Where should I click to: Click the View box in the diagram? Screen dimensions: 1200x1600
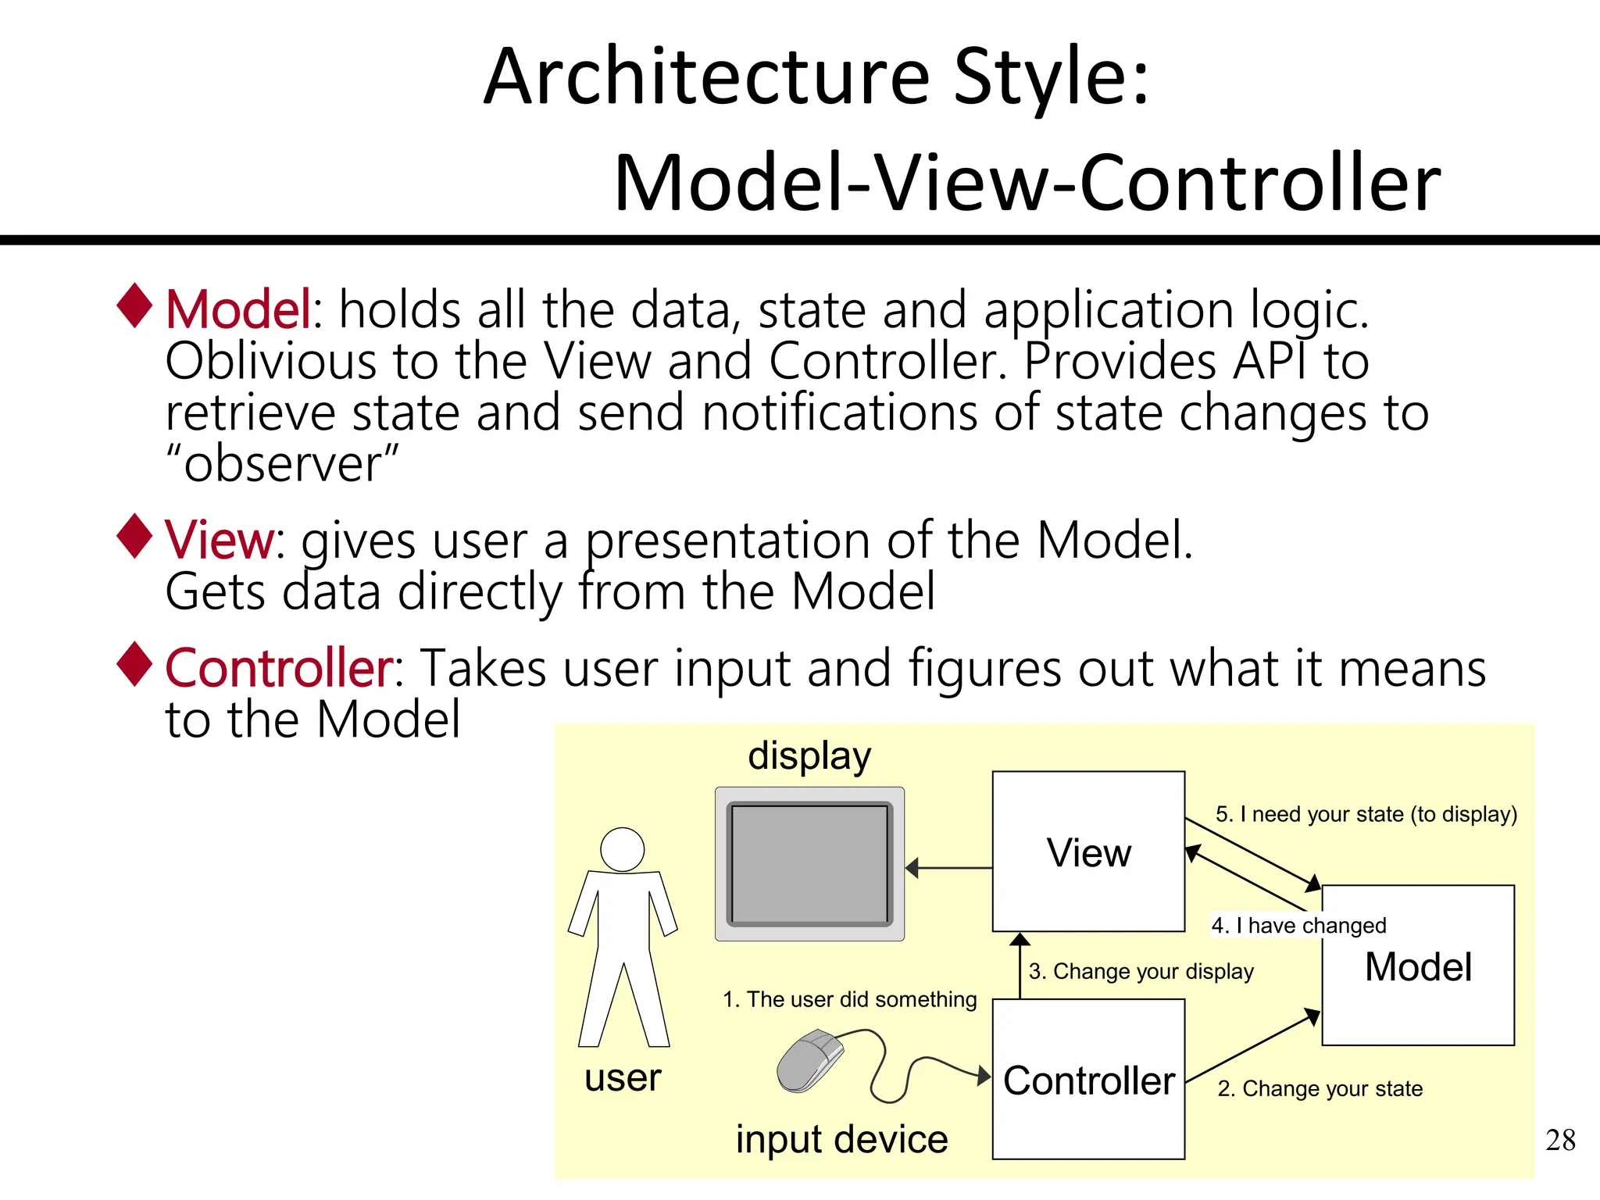coord(1088,852)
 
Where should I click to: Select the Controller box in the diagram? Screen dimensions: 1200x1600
coord(1088,1080)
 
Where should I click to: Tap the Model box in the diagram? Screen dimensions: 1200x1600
coord(1418,966)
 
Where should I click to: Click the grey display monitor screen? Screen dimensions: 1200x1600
coord(809,864)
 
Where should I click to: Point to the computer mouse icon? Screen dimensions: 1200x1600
coord(811,1060)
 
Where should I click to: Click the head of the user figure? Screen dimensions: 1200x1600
coord(623,849)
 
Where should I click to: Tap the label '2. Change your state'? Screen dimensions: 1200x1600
coord(1320,1088)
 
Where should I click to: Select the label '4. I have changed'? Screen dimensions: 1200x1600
coord(1298,926)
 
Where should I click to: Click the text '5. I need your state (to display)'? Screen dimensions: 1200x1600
coord(1366,814)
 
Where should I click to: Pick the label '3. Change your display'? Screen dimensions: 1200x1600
coord(1141,971)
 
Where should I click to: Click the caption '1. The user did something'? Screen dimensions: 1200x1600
coord(849,999)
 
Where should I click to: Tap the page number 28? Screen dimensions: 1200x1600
coord(1560,1140)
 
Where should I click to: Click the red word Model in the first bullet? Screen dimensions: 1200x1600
coord(238,309)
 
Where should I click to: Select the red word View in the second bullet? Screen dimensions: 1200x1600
coord(219,540)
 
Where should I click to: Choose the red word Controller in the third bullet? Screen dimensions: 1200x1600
coord(280,669)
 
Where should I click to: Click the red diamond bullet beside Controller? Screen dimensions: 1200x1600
coord(135,664)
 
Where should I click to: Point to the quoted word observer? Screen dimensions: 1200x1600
coord(282,463)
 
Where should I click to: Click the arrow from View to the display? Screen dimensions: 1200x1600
coord(948,867)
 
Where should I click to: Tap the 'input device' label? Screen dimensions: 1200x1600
coord(841,1139)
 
